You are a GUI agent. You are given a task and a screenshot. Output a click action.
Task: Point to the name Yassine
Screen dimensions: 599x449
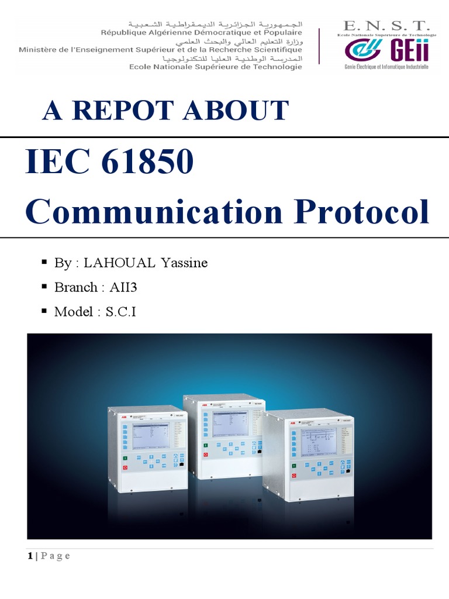[x=183, y=263]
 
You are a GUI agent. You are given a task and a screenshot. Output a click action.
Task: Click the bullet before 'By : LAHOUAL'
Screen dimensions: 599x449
[x=44, y=261]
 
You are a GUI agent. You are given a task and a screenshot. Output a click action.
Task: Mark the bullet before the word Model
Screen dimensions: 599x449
[x=44, y=311]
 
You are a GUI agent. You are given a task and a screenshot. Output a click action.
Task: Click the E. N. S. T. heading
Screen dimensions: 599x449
[x=386, y=26]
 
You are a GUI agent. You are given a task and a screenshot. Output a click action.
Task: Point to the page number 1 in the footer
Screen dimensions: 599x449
[x=30, y=556]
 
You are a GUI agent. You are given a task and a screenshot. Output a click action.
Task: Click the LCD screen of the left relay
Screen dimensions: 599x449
[x=150, y=435]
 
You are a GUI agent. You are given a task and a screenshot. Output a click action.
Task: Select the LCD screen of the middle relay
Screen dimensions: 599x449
[x=230, y=422]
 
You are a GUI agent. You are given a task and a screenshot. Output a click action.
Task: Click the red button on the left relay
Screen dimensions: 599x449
[x=125, y=468]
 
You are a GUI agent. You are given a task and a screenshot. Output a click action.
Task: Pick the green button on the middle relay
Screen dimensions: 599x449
[x=205, y=446]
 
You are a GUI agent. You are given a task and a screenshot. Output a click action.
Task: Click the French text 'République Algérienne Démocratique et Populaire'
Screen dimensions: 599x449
[x=201, y=33]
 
